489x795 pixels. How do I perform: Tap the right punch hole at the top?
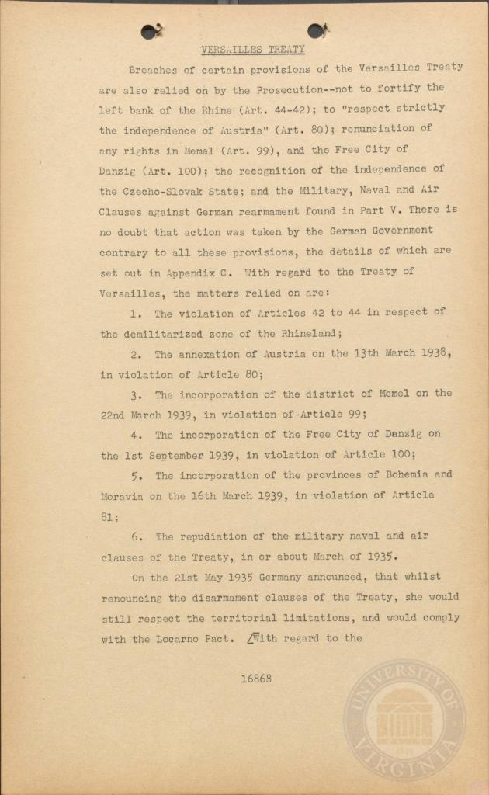[x=316, y=30]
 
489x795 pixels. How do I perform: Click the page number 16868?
[x=255, y=678]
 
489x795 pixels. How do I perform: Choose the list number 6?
[x=137, y=536]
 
